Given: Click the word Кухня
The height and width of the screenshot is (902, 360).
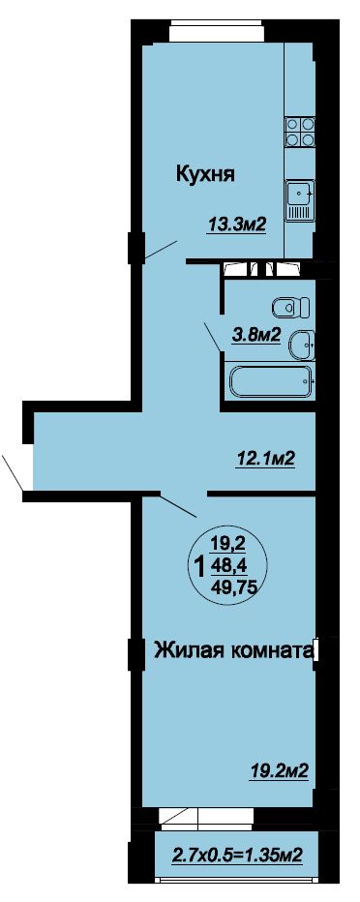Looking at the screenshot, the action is pyautogui.click(x=205, y=173).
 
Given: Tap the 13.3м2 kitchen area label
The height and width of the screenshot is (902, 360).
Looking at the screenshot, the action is pyautogui.click(x=237, y=225).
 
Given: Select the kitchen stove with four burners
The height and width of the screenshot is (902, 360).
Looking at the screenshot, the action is pyautogui.click(x=300, y=132).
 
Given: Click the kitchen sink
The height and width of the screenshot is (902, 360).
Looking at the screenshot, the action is pyautogui.click(x=300, y=200).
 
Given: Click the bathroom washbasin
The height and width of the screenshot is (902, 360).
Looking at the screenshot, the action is pyautogui.click(x=301, y=345).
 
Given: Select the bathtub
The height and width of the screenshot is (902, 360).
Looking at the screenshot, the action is pyautogui.click(x=271, y=380).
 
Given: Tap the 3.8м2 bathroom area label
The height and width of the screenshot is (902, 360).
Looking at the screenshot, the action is pyautogui.click(x=255, y=336).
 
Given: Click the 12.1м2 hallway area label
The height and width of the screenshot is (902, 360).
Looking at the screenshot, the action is pyautogui.click(x=266, y=458).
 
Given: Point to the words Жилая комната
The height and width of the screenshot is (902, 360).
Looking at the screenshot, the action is pyautogui.click(x=233, y=651).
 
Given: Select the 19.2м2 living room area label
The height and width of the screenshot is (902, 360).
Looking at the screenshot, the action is pyautogui.click(x=280, y=770).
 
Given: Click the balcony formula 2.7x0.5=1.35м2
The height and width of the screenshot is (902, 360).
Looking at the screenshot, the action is pyautogui.click(x=237, y=855).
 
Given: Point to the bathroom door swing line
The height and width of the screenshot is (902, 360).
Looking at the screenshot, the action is pyautogui.click(x=212, y=337).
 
